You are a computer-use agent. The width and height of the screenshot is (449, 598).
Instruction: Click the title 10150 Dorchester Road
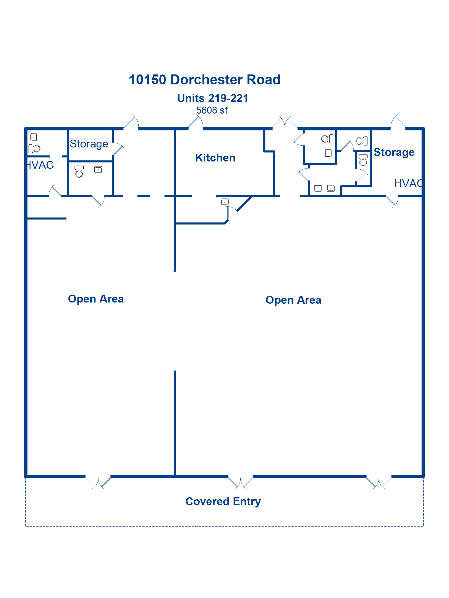tap(205, 80)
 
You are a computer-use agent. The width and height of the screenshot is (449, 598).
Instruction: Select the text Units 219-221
tap(213, 98)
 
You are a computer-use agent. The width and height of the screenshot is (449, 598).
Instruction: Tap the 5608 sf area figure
tap(212, 110)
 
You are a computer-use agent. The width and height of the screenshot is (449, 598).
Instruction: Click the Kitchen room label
tap(215, 158)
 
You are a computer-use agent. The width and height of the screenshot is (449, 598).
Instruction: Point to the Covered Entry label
tap(223, 501)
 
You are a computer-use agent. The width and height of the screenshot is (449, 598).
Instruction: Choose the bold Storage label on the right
tap(394, 152)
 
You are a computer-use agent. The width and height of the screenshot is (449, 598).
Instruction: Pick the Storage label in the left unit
tap(89, 144)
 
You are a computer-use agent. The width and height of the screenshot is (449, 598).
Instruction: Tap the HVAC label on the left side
tap(40, 165)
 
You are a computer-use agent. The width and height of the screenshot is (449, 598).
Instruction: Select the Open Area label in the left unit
tap(96, 299)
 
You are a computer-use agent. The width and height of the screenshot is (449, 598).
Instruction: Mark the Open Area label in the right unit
tap(293, 300)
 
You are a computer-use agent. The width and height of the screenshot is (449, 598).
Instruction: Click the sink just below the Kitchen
tap(224, 202)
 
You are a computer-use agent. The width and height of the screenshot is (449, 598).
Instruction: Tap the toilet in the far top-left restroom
tap(35, 149)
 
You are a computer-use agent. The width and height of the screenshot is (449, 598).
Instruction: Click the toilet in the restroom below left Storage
tap(79, 172)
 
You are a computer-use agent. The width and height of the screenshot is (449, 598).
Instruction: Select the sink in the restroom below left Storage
tap(98, 170)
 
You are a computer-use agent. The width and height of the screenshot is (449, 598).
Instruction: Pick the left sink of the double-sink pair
tap(318, 188)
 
